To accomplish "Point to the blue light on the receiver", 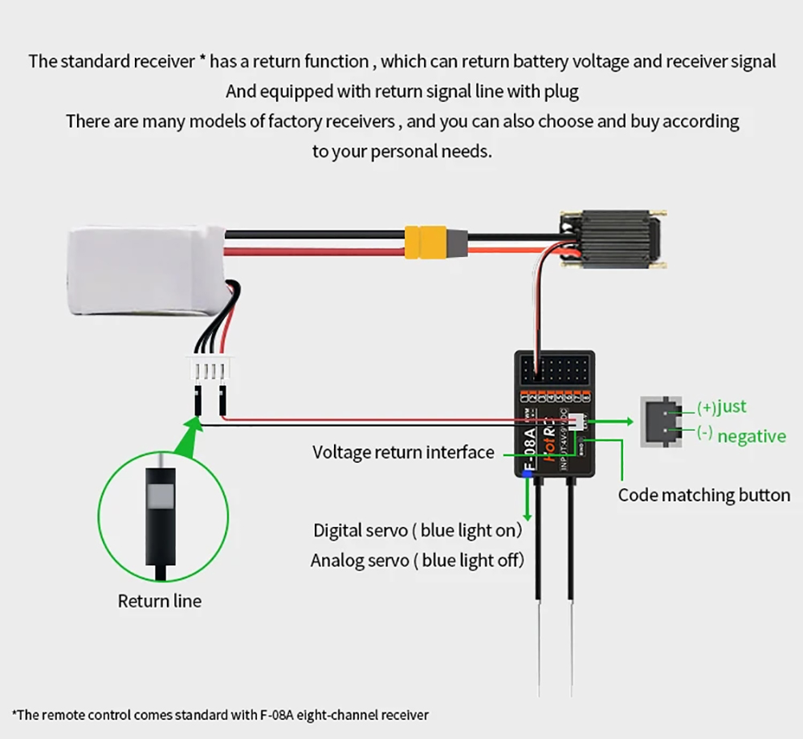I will [528, 475].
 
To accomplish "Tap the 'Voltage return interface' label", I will [403, 452].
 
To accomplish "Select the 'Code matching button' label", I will [703, 495].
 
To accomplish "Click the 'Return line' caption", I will [159, 601].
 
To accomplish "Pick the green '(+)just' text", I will [720, 407].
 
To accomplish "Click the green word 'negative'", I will [751, 437].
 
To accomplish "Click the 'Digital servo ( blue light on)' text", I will [418, 530].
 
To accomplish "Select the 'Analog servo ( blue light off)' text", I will [417, 560].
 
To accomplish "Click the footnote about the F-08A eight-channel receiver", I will [220, 714].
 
